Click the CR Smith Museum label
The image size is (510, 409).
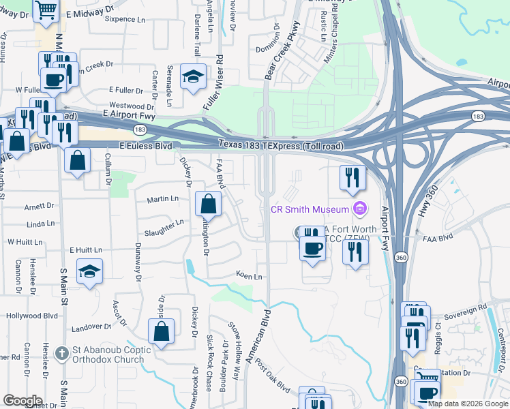[x=310, y=209]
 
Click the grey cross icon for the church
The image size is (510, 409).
[x=62, y=353]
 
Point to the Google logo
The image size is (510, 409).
[x=22, y=401]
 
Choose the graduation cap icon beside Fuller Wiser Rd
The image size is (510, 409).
[x=193, y=76]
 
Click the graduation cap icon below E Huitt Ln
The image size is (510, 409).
[x=89, y=271]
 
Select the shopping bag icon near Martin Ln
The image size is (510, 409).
[x=208, y=203]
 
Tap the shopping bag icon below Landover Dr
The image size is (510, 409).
[x=161, y=331]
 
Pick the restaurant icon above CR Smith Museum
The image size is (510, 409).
[x=352, y=177]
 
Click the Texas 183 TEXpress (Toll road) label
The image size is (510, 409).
[x=282, y=145]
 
